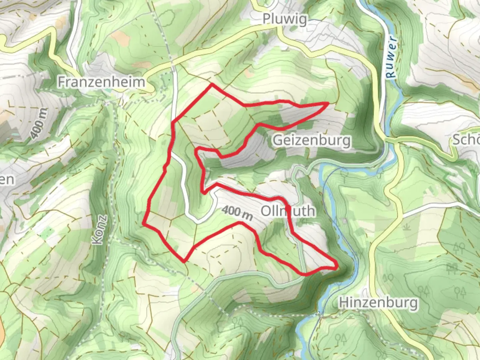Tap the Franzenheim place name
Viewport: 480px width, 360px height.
tap(101, 82)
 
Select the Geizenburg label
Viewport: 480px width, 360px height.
tap(312, 140)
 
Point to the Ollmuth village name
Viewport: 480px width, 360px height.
tap(287, 211)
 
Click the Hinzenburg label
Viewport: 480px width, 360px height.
tap(378, 303)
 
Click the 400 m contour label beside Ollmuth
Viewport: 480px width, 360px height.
tap(237, 212)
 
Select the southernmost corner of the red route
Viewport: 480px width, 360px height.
tap(184, 261)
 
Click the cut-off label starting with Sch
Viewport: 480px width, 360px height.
tap(467, 140)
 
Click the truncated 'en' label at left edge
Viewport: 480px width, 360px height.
tap(7, 180)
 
